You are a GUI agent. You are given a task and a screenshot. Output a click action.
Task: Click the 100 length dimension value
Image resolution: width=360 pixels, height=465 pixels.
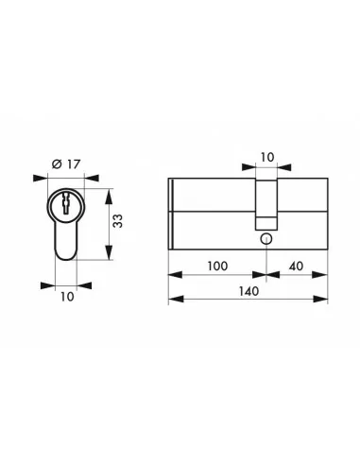point(215,267)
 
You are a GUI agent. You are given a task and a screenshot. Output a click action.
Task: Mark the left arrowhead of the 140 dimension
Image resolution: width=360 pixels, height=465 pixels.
point(172,301)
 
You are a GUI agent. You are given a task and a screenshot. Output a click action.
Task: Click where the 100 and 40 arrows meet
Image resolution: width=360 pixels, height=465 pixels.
point(266,276)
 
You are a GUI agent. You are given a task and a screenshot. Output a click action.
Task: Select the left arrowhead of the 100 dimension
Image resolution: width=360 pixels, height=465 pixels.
point(172,276)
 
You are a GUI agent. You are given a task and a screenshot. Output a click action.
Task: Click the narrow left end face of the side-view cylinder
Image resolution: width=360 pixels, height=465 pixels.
point(171,213)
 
